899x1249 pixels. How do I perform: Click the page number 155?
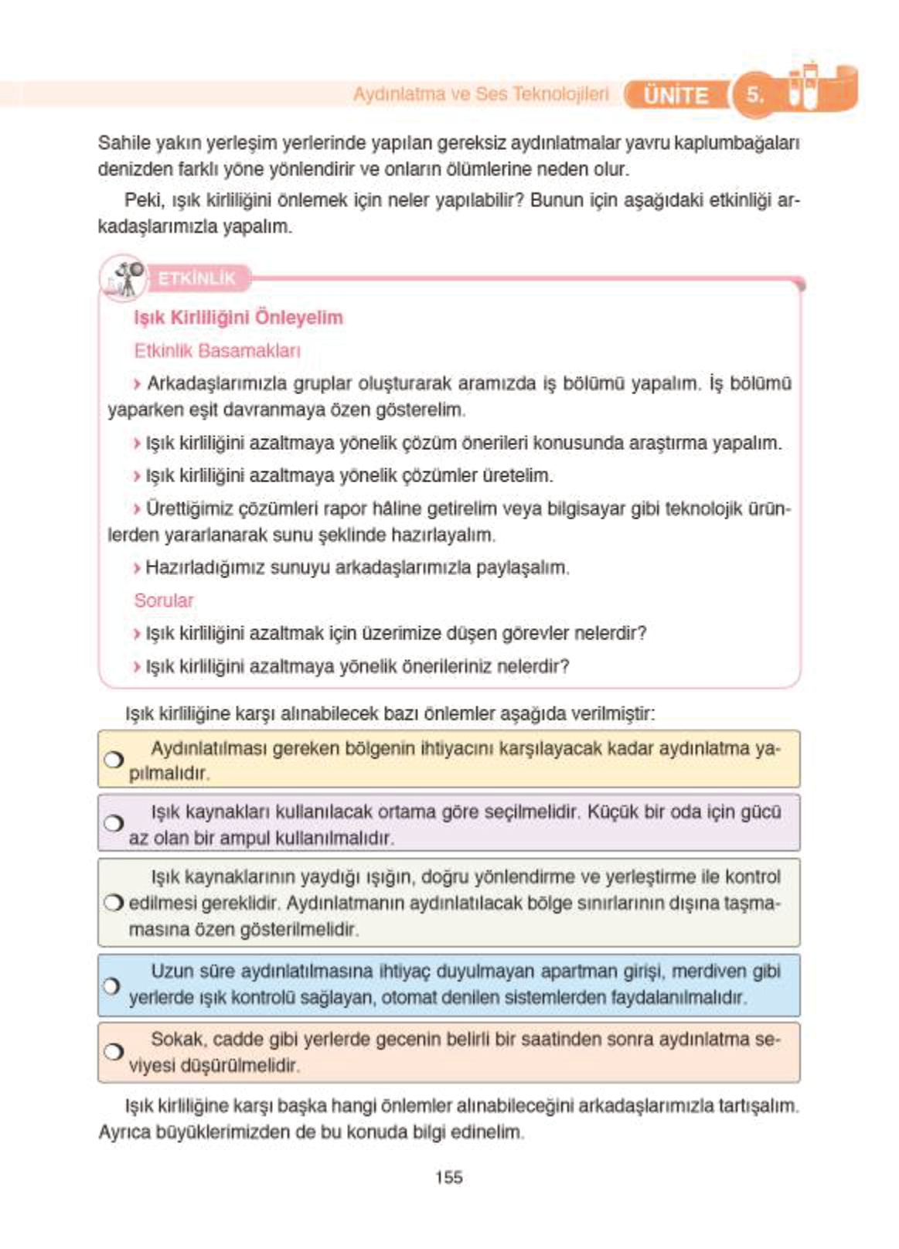pyautogui.click(x=448, y=1177)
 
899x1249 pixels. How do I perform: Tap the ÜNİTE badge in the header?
pyautogui.click(x=676, y=95)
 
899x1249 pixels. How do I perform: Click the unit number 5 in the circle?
pyautogui.click(x=754, y=95)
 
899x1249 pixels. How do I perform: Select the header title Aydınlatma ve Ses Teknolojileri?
pyautogui.click(x=481, y=94)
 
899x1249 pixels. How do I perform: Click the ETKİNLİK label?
pyautogui.click(x=196, y=278)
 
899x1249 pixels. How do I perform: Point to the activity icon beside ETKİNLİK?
pyautogui.click(x=125, y=280)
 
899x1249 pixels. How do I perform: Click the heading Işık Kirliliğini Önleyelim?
pyautogui.click(x=238, y=318)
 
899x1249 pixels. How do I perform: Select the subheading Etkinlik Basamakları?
pyautogui.click(x=217, y=351)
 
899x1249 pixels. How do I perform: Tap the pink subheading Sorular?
pyautogui.click(x=164, y=601)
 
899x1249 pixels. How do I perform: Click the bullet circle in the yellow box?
pyautogui.click(x=114, y=760)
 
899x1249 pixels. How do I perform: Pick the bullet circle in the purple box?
pyautogui.click(x=114, y=823)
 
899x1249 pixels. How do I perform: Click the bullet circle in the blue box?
pyautogui.click(x=112, y=985)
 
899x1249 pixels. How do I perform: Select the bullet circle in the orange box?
pyautogui.click(x=113, y=1052)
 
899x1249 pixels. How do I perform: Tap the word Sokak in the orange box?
pyautogui.click(x=177, y=1039)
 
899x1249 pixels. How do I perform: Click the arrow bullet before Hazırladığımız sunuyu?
pyautogui.click(x=138, y=568)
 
